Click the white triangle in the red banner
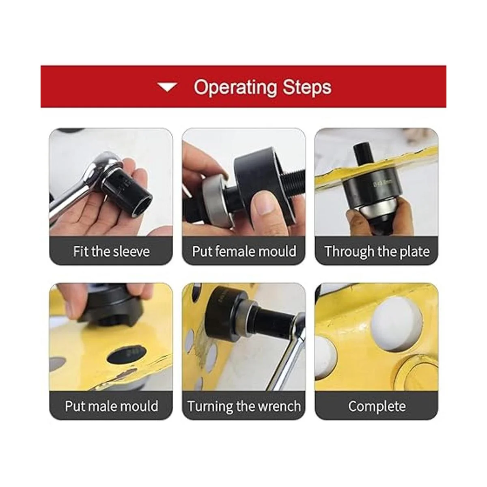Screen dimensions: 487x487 [167, 87]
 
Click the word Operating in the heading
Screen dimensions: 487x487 [235, 88]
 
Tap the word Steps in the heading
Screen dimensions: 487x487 [307, 88]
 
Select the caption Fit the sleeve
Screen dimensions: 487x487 [112, 252]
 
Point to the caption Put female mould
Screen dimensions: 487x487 [244, 252]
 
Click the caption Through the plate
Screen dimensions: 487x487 [377, 252]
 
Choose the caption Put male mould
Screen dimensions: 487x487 [112, 406]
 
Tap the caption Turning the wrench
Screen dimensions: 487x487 [244, 406]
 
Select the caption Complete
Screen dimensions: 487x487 [377, 406]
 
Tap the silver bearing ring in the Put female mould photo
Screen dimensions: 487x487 [215, 202]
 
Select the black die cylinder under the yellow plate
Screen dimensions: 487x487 [369, 187]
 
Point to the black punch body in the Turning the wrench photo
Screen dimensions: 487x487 [222, 314]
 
